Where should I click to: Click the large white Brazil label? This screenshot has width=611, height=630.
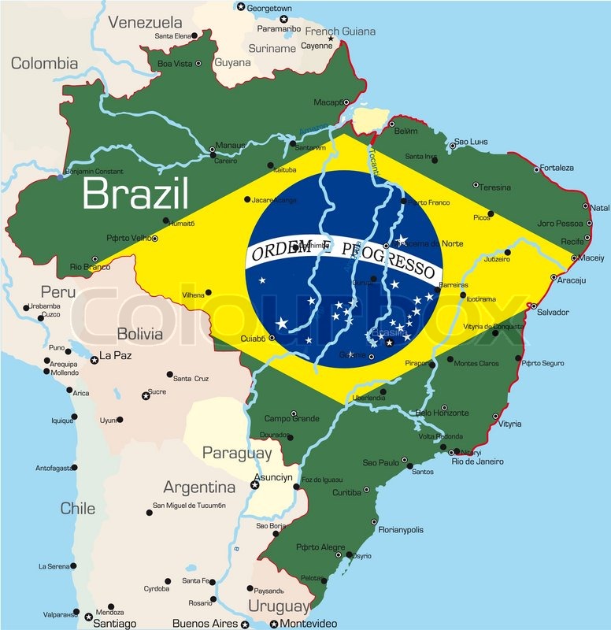point(135,194)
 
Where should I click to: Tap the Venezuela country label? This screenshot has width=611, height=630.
point(146,22)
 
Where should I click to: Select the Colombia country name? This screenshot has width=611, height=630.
point(44,63)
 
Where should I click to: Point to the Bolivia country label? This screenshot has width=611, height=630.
point(139,334)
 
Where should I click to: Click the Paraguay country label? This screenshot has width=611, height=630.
point(237,453)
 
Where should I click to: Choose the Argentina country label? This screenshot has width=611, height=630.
point(199,487)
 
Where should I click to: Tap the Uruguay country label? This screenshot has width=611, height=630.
point(279,606)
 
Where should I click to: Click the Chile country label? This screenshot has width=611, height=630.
point(77,508)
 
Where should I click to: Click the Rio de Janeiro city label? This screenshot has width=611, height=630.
point(477,461)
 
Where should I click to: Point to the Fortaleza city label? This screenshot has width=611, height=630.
point(556,168)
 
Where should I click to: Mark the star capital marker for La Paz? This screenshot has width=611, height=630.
point(94,360)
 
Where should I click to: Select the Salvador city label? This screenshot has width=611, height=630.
point(553,313)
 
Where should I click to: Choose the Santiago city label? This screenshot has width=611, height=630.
point(114,623)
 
